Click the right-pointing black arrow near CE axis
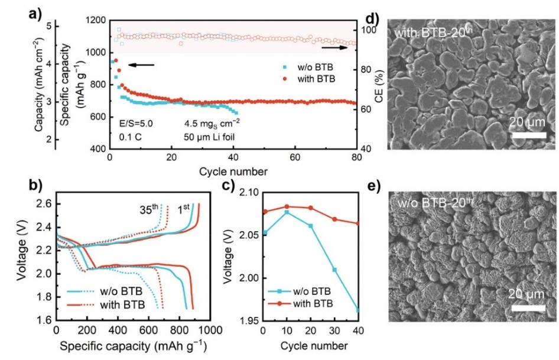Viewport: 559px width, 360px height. (x=334, y=41)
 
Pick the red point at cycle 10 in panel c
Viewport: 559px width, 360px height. (x=287, y=207)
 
